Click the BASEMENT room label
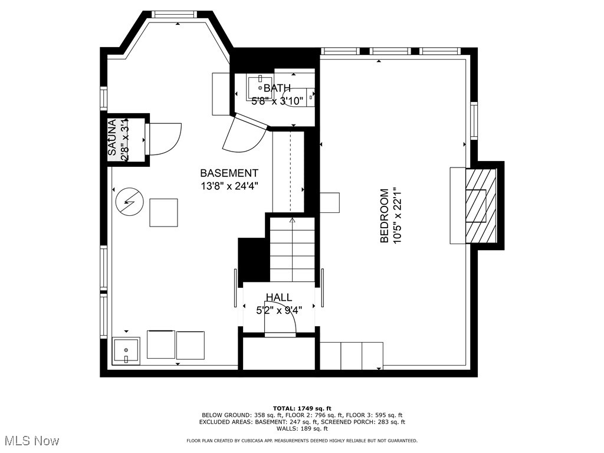point(229,173)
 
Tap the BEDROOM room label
point(385,216)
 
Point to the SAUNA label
point(112,138)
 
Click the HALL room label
point(278,297)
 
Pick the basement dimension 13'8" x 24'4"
point(229,186)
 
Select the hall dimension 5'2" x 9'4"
point(278,310)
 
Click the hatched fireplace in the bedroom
point(481,206)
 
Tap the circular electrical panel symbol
point(129,202)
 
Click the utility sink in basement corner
point(126,350)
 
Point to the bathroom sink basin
point(260,87)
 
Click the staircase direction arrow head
point(292,221)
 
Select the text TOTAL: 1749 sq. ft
point(302,408)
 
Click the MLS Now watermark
point(30,440)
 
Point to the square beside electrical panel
point(163,212)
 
